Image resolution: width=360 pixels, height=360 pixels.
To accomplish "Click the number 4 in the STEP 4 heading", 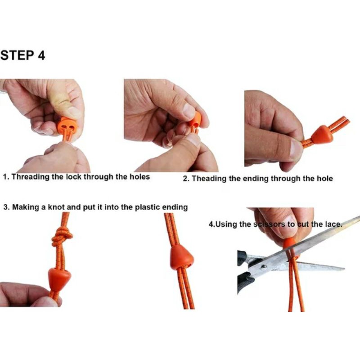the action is [x=41, y=55].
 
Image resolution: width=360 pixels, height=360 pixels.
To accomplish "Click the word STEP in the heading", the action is [x=17, y=55].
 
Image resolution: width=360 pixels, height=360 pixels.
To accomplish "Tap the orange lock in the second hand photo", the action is [x=195, y=119].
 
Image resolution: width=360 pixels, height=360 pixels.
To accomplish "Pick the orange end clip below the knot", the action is [x=59, y=279].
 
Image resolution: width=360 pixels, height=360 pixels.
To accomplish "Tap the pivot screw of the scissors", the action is [x=264, y=267].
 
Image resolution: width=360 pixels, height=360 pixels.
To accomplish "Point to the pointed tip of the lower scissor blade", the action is [x=343, y=268].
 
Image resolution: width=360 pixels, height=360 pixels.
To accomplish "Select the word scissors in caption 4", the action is [x=269, y=224].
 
